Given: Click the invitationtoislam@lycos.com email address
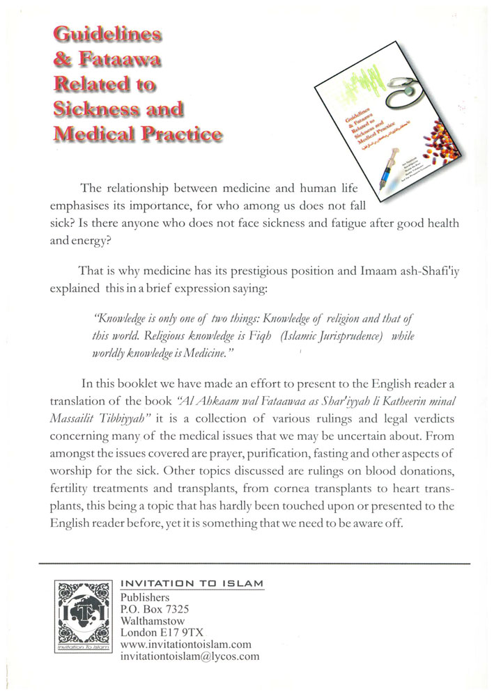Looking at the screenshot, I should pos(190,656).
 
